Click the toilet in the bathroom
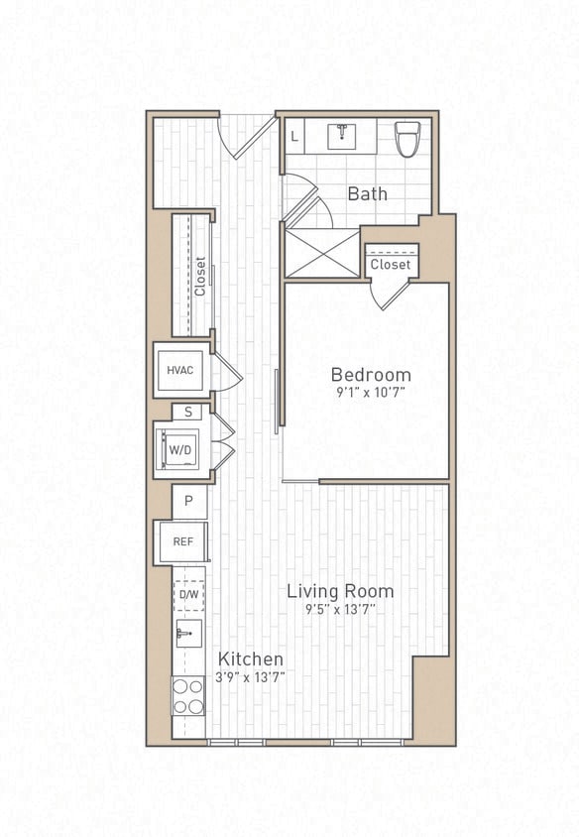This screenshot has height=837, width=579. pos(407,138)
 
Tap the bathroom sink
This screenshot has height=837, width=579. pos(342,135)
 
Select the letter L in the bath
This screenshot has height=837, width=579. pos(294,136)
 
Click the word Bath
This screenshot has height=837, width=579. pos(367,193)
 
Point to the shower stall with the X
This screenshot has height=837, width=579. pos(321,252)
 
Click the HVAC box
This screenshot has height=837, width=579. pos(180,370)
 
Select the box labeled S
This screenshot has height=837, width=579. pos(187,412)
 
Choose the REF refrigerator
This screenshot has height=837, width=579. pos(182,542)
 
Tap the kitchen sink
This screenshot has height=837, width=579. pos(187,634)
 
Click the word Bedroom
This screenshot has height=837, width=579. pos(370,375)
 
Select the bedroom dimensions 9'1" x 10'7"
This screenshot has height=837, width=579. pos(370,393)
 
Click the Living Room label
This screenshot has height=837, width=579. pos(340,591)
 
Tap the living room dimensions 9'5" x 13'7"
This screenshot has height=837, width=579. pos(340,609)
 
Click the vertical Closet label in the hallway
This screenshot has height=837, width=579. pos(200,277)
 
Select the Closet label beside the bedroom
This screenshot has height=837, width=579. pos(390,265)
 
